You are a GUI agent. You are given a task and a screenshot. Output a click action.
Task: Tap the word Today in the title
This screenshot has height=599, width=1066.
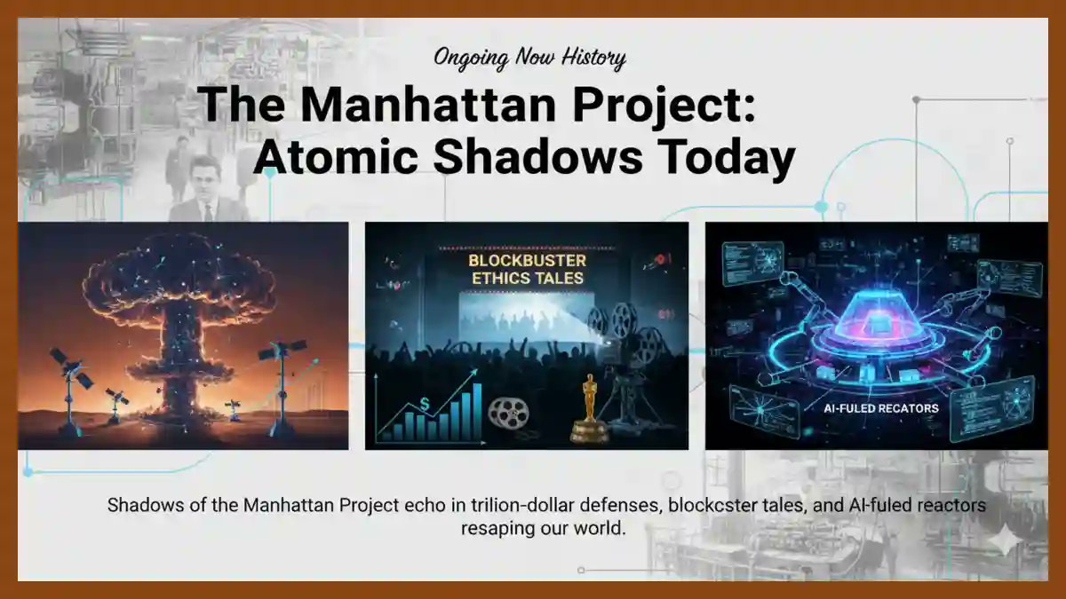point(720,158)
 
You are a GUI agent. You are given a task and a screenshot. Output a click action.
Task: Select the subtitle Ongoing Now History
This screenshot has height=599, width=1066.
point(529,59)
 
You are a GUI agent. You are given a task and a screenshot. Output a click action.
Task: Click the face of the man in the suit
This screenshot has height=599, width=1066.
point(204,177)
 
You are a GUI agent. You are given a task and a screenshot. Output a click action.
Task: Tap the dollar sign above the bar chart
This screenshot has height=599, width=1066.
point(426,404)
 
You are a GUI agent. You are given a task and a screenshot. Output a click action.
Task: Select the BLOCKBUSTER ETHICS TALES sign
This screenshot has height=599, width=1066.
point(527,269)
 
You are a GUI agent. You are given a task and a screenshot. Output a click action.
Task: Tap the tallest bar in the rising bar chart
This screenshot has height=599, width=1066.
point(477,411)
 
